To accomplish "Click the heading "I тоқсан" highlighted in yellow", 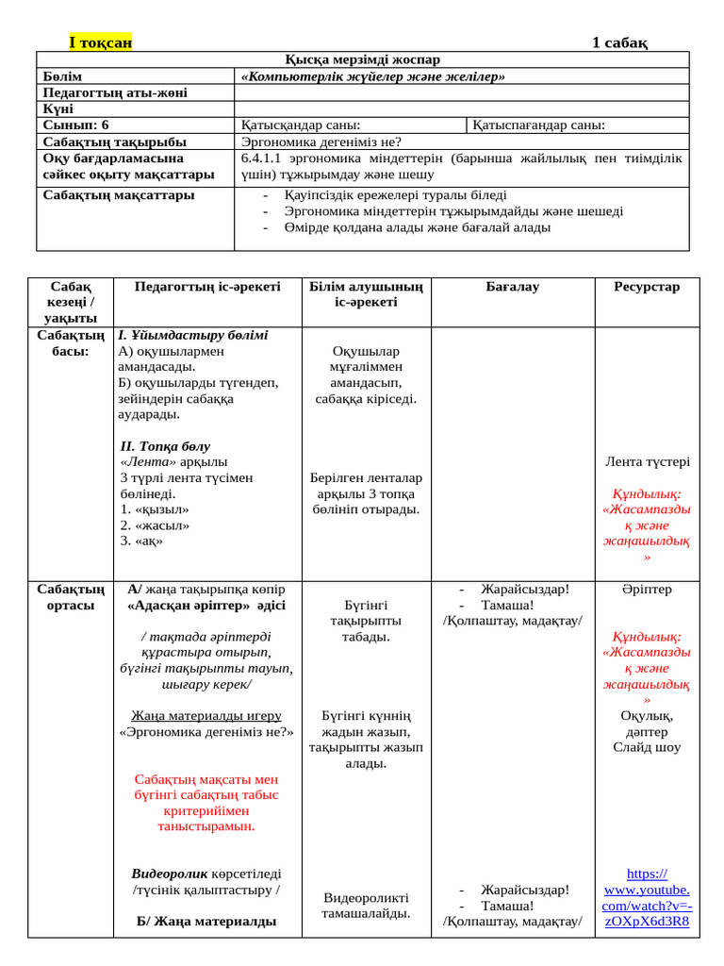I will (101, 42).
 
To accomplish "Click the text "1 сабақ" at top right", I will (619, 42).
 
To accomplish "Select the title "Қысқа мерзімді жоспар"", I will (363, 59).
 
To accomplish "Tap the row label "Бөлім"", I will (63, 75).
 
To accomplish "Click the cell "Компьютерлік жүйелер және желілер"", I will (373, 75).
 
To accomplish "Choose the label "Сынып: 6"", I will (76, 125).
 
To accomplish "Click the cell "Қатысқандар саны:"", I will (301, 125).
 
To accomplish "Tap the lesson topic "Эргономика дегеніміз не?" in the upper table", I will (321, 142).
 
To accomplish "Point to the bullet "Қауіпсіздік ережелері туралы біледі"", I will (395, 195).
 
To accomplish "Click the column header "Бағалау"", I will (513, 287).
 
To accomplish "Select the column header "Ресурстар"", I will (647, 287).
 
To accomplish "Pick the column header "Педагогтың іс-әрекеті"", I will (207, 287).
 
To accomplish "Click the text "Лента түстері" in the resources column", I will (647, 462).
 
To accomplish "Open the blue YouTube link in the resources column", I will (647, 897).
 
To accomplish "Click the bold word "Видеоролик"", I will (169, 874).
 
